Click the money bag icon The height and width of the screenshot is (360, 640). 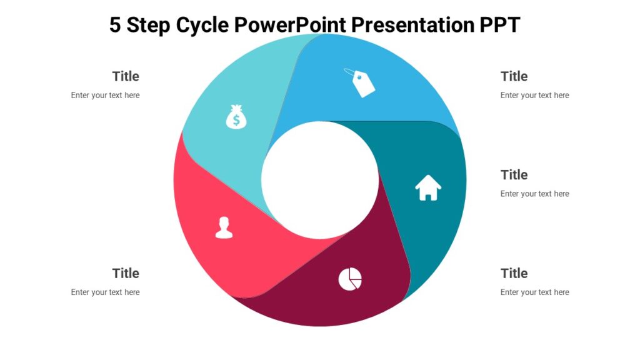(x=236, y=117)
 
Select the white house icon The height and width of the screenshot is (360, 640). (x=428, y=187)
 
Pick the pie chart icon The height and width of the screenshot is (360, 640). (x=350, y=279)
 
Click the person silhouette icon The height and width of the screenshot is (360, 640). (x=224, y=227)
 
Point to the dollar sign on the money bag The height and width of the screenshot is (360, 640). (x=236, y=121)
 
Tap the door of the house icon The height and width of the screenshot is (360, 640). (x=428, y=195)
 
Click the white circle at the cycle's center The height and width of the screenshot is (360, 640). (x=320, y=180)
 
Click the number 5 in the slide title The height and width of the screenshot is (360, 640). (x=115, y=25)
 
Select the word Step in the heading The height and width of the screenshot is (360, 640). (x=149, y=25)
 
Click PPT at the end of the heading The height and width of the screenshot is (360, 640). (x=499, y=25)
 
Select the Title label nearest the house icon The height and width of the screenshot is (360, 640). (x=514, y=174)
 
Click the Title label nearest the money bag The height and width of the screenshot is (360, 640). (x=126, y=76)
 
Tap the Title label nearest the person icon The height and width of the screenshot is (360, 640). (x=126, y=273)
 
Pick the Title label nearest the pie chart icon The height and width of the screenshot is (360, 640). (x=514, y=273)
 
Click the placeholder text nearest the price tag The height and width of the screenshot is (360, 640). (x=534, y=96)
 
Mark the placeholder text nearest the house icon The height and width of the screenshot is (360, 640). (x=534, y=194)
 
